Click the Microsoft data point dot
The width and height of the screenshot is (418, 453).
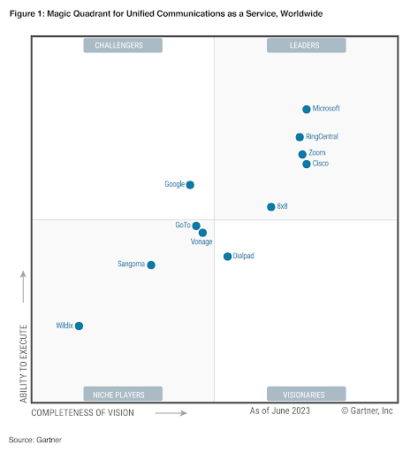[307, 109]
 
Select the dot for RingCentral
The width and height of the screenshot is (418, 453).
[300, 137]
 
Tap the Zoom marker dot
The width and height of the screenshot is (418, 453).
[302, 154]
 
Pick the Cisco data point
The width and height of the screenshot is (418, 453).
[307, 164]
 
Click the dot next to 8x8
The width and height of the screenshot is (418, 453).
[271, 207]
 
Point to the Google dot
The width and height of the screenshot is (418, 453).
[190, 185]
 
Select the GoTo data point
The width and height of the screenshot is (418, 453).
[196, 226]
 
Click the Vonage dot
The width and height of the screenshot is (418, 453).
[203, 233]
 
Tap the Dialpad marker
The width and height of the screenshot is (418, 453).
[227, 257]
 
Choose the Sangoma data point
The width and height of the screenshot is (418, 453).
[151, 265]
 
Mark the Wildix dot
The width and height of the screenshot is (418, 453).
[79, 326]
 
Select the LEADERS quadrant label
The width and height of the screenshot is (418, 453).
[306, 45]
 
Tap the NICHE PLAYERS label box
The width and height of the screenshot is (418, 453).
[124, 394]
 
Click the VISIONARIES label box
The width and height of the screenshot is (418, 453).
[306, 394]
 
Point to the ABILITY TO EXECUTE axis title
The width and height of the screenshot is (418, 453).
[24, 363]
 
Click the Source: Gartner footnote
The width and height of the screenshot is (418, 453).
[35, 439]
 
